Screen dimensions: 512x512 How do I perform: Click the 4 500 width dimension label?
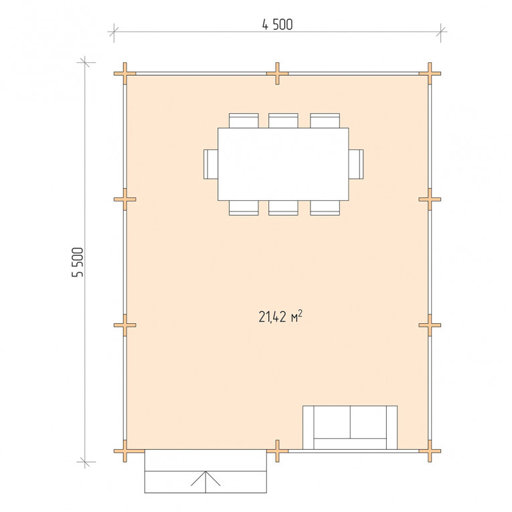pos(277,25)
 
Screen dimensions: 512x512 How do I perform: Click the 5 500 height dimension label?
pos(78,262)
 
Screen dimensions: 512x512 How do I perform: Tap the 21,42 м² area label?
pos(280,317)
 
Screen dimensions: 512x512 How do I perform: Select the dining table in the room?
pos(283,164)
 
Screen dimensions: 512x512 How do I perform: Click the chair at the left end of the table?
pos(211,164)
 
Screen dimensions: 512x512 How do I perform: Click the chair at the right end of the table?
pos(356,164)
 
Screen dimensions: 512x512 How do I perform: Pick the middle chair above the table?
pos(283,120)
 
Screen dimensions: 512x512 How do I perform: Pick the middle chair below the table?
pos(283,207)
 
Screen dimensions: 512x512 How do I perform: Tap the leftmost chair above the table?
pos(244,120)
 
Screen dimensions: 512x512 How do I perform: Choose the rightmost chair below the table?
pos(325,207)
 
